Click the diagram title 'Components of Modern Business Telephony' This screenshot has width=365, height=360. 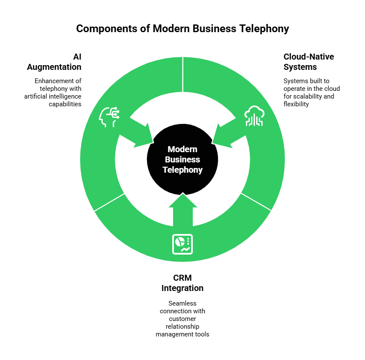(x=182, y=29)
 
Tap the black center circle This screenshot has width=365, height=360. (x=182, y=159)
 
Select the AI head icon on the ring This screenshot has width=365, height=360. (x=109, y=117)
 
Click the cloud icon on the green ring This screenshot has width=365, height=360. (x=254, y=116)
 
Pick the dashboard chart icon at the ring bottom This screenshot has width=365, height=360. (x=182, y=244)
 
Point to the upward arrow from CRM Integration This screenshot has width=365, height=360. (x=183, y=210)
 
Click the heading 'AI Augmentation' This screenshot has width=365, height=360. (x=54, y=62)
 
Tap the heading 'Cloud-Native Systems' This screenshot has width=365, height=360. (x=309, y=62)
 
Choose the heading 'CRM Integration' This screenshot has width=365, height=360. (x=182, y=283)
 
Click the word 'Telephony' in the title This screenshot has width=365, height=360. (x=264, y=29)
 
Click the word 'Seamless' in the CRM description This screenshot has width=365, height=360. (x=182, y=303)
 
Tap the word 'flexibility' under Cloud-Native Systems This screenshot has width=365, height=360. (x=296, y=104)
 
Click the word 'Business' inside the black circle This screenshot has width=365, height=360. (x=182, y=159)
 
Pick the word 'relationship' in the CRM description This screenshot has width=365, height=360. (x=182, y=327)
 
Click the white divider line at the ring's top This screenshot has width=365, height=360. (x=183, y=74)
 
